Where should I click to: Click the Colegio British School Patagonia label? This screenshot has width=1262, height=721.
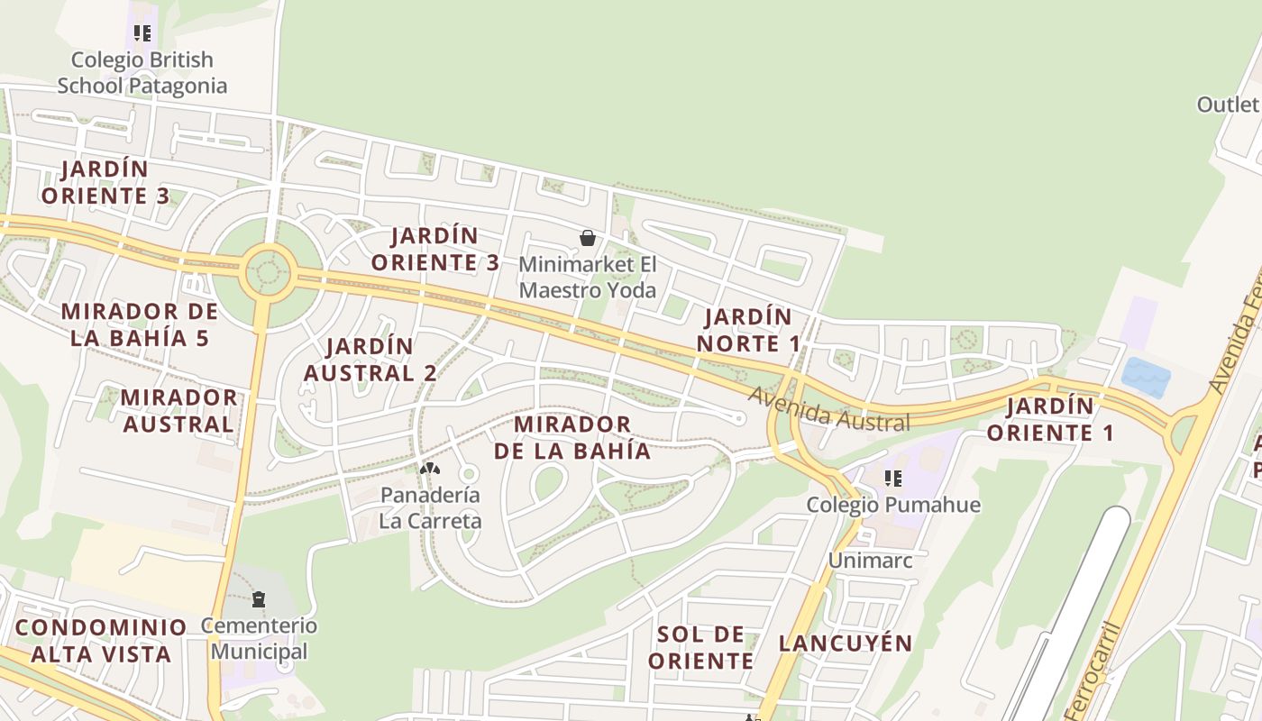click(142, 73)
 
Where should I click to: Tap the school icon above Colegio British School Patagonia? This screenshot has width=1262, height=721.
click(142, 34)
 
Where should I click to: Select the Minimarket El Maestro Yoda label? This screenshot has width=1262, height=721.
click(588, 278)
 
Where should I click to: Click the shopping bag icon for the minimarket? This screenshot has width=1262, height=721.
click(588, 238)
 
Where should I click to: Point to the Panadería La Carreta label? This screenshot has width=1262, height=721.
click(430, 507)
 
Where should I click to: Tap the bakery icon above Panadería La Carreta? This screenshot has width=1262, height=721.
click(430, 469)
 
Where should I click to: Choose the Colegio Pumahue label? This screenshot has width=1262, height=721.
click(892, 505)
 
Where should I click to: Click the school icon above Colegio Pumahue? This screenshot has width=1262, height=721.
click(892, 478)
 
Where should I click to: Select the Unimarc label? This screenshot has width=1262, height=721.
click(870, 561)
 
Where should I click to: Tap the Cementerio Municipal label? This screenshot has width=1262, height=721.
click(259, 638)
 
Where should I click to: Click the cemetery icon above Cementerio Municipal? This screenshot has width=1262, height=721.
click(259, 599)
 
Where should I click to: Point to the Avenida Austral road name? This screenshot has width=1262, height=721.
click(828, 409)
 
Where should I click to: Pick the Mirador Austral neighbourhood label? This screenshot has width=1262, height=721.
click(178, 411)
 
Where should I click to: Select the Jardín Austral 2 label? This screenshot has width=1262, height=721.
click(370, 359)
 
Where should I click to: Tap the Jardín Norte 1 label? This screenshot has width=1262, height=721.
click(748, 330)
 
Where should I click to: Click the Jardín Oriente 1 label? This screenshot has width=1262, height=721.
click(1050, 419)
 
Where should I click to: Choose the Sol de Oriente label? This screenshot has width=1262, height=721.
click(700, 647)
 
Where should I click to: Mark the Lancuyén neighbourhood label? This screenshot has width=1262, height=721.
click(846, 643)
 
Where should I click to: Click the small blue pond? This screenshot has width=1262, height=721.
click(1146, 377)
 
